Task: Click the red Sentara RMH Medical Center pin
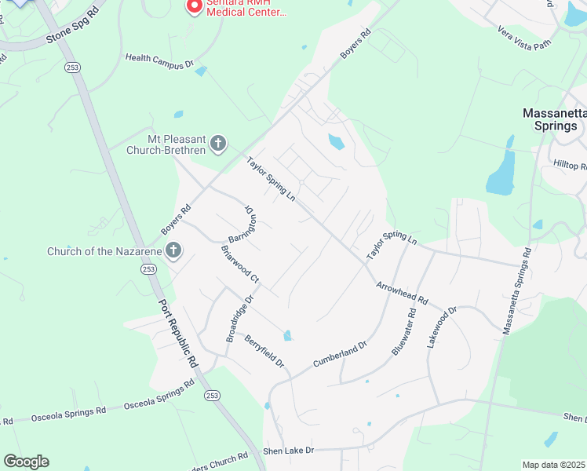pyautogui.click(x=193, y=5)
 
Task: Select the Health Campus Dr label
pyautogui.click(x=159, y=60)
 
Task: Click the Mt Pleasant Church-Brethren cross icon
pyautogui.click(x=218, y=143)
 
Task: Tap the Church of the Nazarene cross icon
pyautogui.click(x=173, y=251)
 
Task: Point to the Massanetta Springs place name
pyautogui.click(x=554, y=119)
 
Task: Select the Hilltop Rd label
pyautogui.click(x=571, y=166)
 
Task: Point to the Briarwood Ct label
pyautogui.click(x=240, y=264)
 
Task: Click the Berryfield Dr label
pyautogui.click(x=262, y=351)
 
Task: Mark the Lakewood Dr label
pyautogui.click(x=440, y=329)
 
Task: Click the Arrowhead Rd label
pyautogui.click(x=402, y=294)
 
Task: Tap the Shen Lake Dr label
pyautogui.click(x=288, y=451)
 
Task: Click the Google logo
pyautogui.click(x=26, y=462)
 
